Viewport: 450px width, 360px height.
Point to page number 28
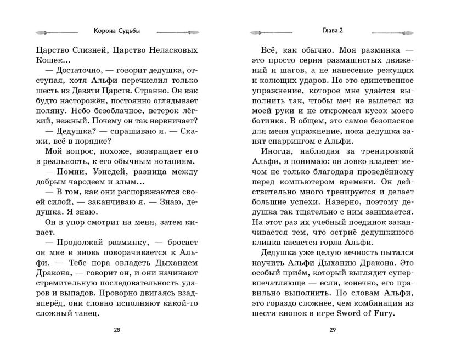pyautogui.click(x=116, y=330)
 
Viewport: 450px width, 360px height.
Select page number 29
pyautogui.click(x=333, y=330)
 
